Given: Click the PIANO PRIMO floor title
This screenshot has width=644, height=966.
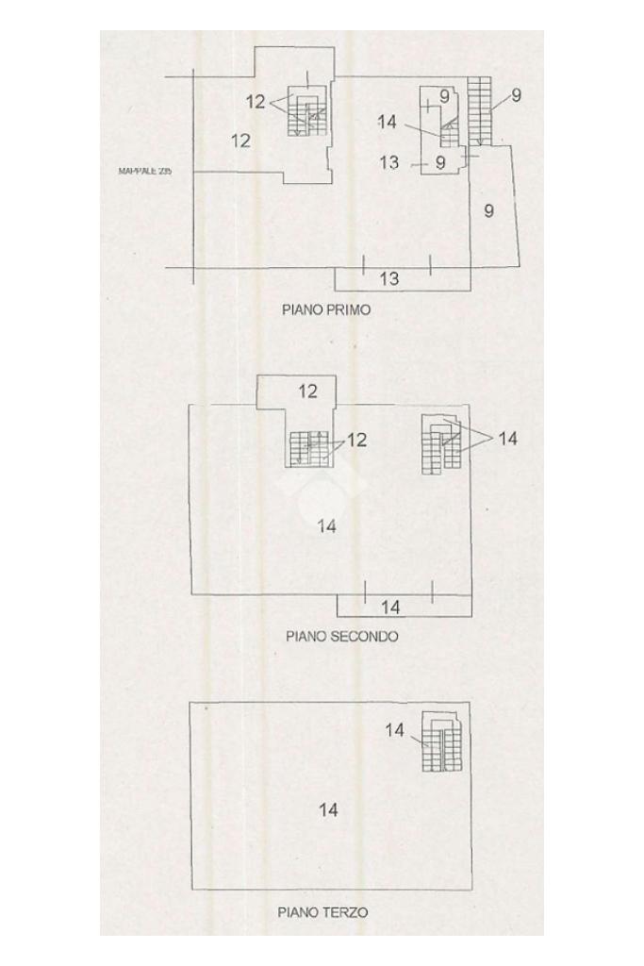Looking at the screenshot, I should point(326,309).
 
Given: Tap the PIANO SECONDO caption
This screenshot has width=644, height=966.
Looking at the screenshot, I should point(341,636).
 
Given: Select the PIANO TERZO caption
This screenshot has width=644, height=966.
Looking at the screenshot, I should point(322,912).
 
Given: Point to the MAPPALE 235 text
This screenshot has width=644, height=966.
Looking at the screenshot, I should point(145,172).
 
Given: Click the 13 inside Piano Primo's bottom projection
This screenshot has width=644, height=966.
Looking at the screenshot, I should point(389,278).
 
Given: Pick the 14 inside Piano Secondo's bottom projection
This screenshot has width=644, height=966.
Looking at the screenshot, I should point(390,607).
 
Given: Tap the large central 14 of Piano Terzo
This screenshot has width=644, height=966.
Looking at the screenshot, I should point(328,809).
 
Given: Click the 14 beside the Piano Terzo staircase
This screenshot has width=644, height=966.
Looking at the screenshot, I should point(395,730).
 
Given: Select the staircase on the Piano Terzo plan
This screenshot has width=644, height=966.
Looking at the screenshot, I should point(440,742).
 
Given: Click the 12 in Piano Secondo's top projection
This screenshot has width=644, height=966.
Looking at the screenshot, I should point(308,391).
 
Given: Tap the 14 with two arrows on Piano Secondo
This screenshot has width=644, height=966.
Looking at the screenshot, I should point(508,439).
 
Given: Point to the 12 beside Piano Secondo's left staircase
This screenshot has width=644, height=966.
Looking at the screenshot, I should point(356,440).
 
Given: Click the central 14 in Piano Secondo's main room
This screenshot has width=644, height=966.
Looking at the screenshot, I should point(327,526).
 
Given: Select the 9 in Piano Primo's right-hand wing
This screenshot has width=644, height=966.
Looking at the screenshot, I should point(488,210).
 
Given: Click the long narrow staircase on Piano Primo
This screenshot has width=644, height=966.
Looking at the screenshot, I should point(479,111).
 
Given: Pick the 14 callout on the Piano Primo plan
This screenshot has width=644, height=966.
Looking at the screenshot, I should point(387,122).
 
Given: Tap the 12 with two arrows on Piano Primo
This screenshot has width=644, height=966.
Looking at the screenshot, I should point(256,103).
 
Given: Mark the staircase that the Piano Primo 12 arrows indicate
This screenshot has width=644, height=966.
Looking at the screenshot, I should point(306,115).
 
